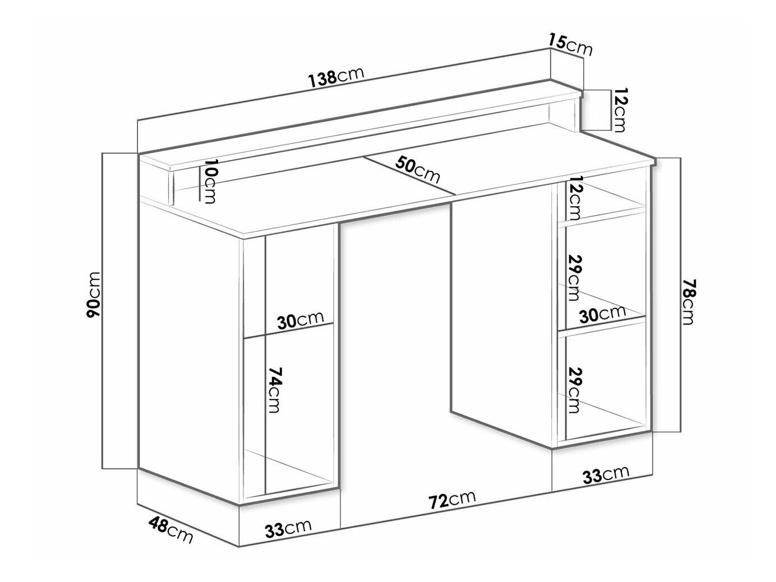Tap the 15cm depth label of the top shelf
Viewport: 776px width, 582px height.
click(x=570, y=44)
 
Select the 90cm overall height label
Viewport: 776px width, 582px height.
click(x=94, y=299)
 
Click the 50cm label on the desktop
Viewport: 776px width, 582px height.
click(x=417, y=170)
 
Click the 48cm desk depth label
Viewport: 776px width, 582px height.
click(x=170, y=530)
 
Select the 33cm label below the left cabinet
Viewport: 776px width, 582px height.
click(x=288, y=528)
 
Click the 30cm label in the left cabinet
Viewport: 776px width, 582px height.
click(x=300, y=320)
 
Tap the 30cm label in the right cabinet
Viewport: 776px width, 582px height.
click(x=602, y=313)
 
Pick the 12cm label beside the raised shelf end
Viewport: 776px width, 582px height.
click(x=620, y=110)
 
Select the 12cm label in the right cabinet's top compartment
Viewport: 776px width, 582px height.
click(x=574, y=202)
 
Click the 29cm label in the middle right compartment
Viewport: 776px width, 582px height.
click(x=574, y=277)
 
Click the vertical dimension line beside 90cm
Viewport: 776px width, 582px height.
click(x=103, y=311)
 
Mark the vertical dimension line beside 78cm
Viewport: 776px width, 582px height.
click(x=681, y=295)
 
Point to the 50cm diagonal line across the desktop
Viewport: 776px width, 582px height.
click(x=409, y=175)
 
